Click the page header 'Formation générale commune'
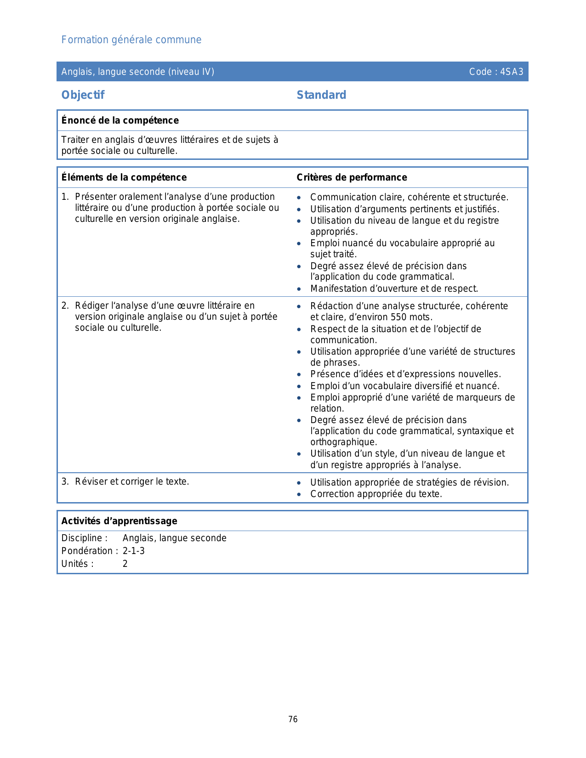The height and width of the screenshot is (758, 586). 131,40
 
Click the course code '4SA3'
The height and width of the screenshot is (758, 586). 512,72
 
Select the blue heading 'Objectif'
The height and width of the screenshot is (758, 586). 83,95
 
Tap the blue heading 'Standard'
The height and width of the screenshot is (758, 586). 321,95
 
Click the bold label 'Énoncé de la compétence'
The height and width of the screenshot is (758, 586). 120,120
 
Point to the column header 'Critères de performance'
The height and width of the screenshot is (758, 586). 352,177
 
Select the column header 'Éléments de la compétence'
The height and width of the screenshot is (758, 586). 124,177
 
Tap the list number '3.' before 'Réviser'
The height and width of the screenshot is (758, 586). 65,481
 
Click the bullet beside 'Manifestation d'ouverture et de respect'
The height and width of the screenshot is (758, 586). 299,289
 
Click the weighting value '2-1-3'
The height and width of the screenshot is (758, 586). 134,551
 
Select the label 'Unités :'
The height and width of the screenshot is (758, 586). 78,564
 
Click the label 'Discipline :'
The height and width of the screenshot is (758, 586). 85,538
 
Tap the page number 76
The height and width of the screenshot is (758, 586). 293,719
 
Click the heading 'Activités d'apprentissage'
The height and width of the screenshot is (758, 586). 119,521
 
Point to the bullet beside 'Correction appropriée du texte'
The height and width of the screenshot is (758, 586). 299,494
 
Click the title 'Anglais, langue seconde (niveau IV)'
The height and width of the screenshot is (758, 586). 138,72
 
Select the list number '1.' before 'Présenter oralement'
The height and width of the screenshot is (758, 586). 65,197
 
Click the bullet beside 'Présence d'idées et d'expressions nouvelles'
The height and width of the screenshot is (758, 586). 299,374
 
